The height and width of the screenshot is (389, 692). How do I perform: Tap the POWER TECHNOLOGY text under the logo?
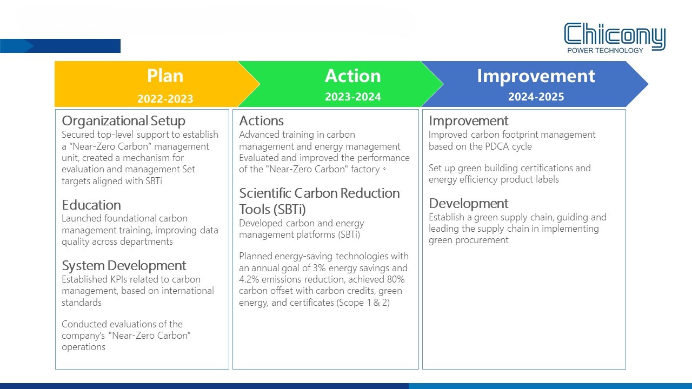coord(605,51)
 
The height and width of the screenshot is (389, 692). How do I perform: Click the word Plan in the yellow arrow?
coord(165,76)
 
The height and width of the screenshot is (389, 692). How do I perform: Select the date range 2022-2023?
coord(165,99)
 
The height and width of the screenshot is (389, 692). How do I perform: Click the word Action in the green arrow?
coord(353,76)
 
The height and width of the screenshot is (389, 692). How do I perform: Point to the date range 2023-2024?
coord(353,97)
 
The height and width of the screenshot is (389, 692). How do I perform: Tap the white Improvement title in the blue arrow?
coord(536,76)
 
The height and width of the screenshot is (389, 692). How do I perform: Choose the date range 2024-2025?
coord(536,97)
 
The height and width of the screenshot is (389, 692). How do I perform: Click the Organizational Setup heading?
coord(123,120)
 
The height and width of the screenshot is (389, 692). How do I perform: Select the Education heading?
coord(91,205)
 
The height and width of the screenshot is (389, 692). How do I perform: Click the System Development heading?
coord(124,265)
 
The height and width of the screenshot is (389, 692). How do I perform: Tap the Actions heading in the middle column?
coord(261,120)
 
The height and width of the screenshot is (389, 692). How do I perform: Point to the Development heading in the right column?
coord(468,204)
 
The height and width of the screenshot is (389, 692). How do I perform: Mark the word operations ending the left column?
coord(83,347)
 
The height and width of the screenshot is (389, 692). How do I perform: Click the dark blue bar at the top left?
coord(60,46)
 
